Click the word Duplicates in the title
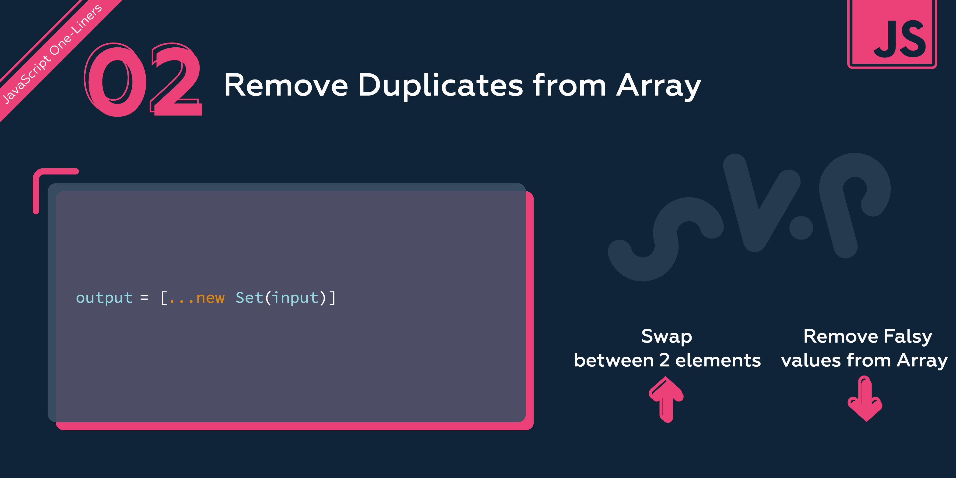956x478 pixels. (x=440, y=85)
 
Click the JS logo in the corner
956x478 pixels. (x=892, y=34)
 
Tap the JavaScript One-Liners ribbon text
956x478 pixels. (x=52, y=54)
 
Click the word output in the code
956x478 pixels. (x=104, y=298)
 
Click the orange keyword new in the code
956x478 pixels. (x=210, y=298)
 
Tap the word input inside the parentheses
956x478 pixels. (x=296, y=298)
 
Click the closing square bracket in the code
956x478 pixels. (x=332, y=298)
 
